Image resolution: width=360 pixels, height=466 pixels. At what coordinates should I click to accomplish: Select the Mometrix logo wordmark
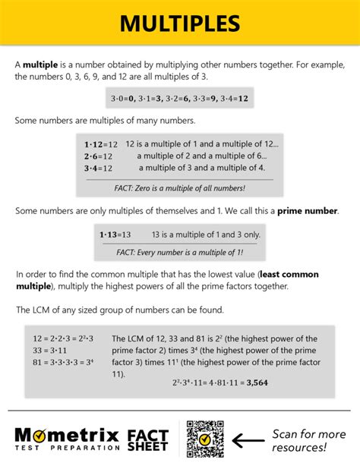click(x=67, y=434)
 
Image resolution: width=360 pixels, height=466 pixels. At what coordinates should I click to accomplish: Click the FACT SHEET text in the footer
click(x=148, y=439)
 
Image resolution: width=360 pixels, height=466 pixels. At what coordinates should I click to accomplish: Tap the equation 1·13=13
click(x=115, y=235)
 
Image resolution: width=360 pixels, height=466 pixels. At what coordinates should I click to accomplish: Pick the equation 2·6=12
click(x=99, y=156)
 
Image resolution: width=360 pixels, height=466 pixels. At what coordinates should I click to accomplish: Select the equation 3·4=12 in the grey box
click(x=99, y=168)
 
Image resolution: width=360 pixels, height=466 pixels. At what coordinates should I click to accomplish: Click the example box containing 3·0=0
click(x=180, y=99)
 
